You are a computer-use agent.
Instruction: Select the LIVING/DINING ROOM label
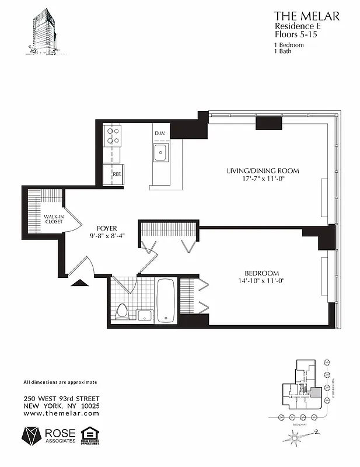(x=263, y=171)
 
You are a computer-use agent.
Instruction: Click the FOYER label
(x=107, y=228)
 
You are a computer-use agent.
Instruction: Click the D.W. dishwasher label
(x=160, y=134)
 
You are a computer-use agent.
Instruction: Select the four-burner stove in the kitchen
(x=112, y=136)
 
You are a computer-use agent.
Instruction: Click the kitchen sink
(x=161, y=153)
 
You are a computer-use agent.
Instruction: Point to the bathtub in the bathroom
(x=166, y=300)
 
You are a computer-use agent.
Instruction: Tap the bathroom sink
(x=145, y=316)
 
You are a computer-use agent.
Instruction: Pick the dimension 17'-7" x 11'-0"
(x=263, y=179)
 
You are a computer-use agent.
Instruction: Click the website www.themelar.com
(x=61, y=413)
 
